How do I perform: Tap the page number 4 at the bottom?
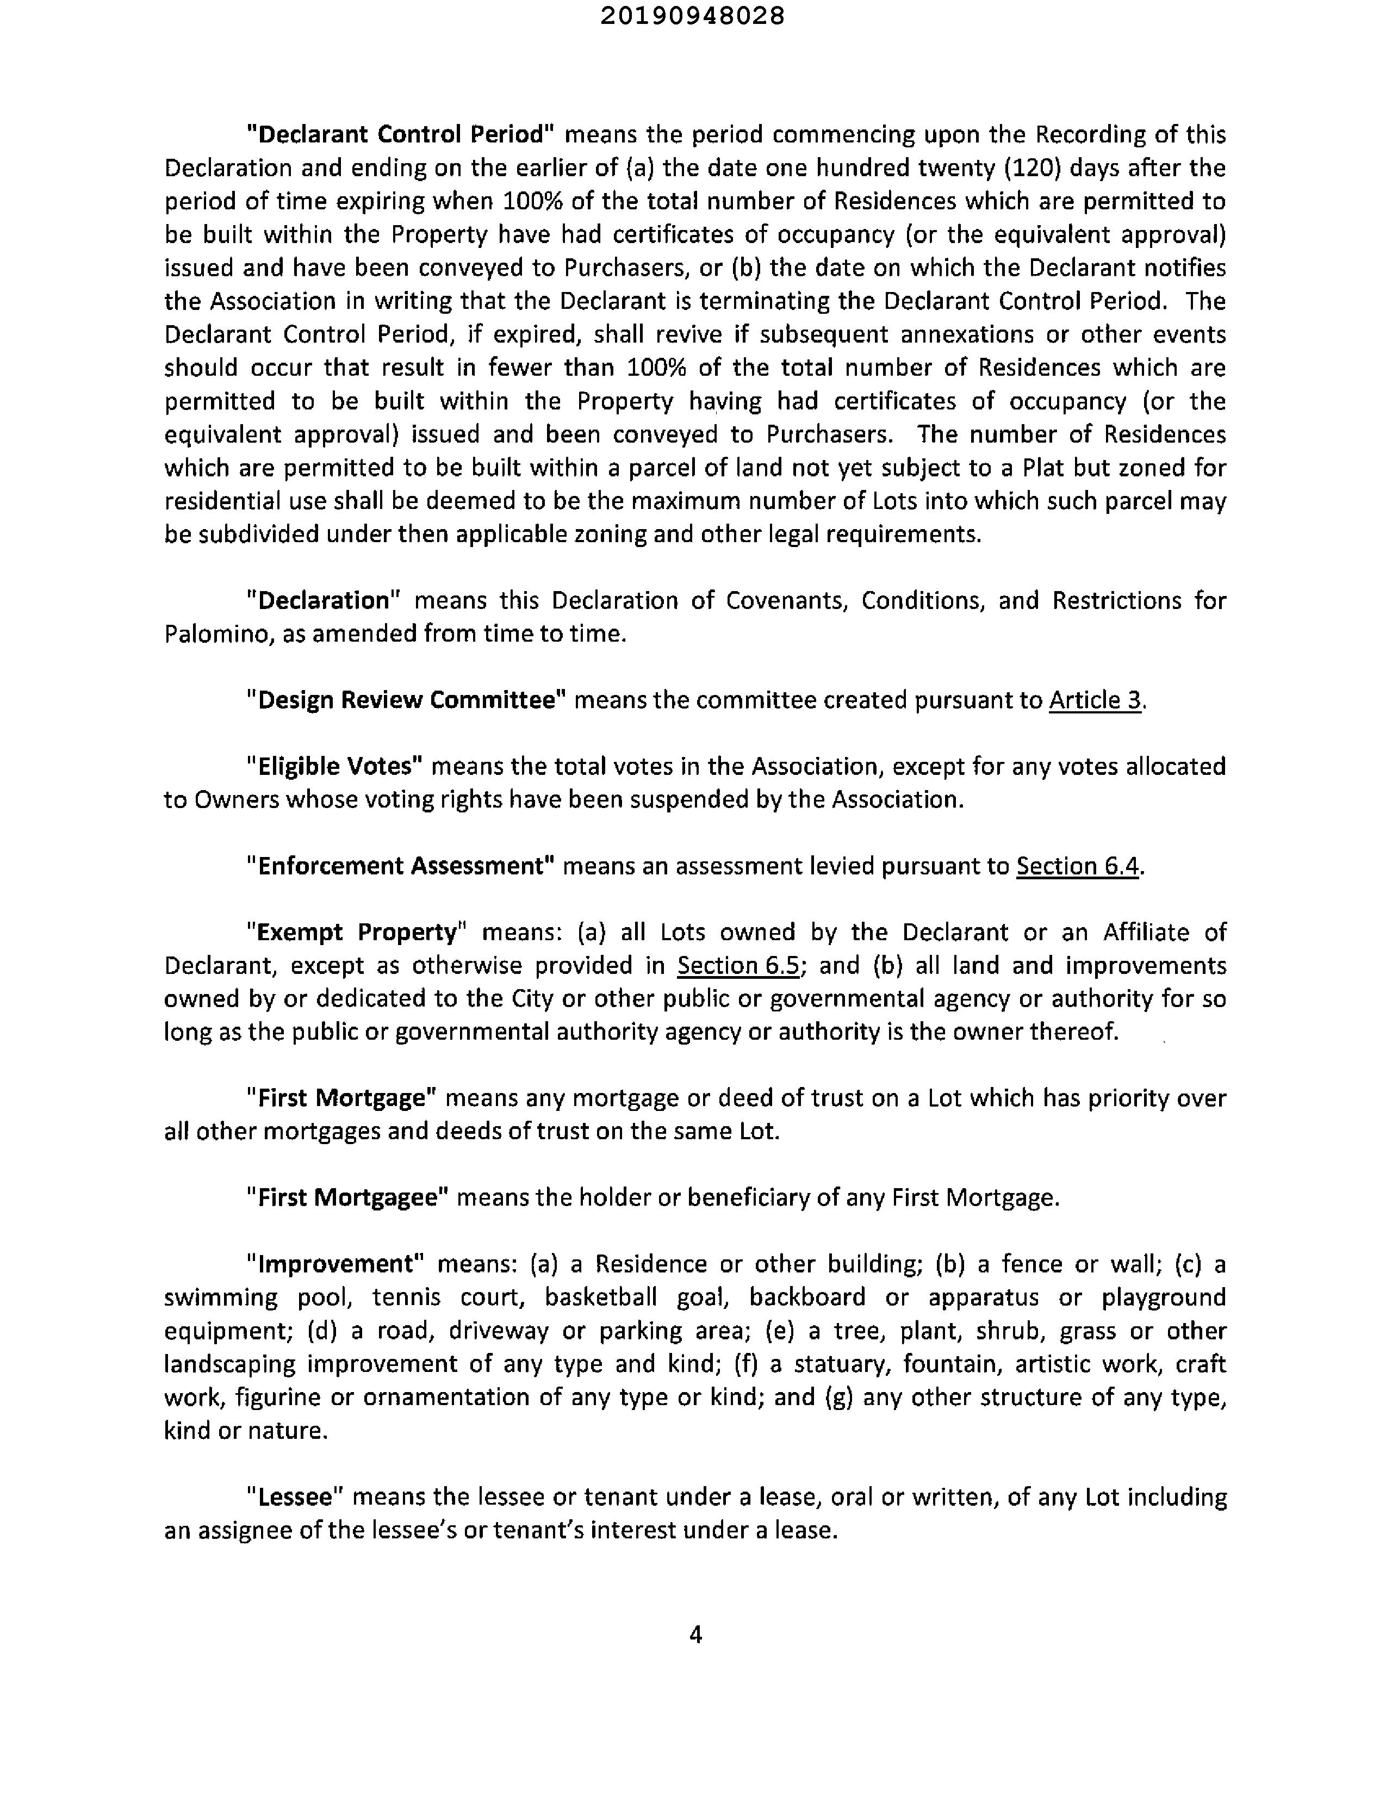pos(695,1635)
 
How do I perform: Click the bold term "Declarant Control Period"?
pos(404,134)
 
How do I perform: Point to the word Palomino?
pos(216,634)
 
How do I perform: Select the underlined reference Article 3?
pos(1095,699)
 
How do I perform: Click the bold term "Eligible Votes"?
pos(335,766)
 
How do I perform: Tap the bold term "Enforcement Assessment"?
pos(401,866)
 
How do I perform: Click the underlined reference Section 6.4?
pos(1077,866)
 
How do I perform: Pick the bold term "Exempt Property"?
pos(357,932)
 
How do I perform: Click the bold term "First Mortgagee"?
pos(347,1197)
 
